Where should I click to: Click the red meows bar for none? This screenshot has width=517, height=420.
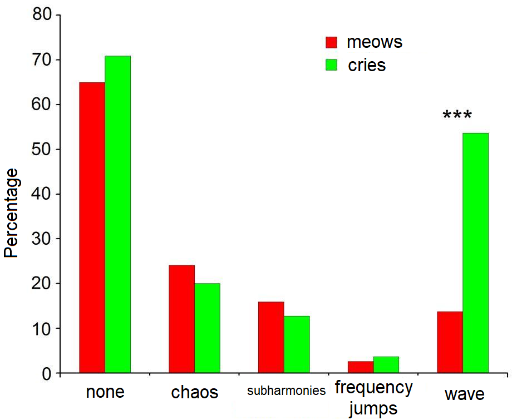[x=92, y=228]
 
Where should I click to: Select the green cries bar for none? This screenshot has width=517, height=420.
[x=118, y=214]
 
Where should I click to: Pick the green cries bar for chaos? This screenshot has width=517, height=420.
[x=208, y=328]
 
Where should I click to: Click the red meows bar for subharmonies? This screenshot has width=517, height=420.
[x=271, y=337]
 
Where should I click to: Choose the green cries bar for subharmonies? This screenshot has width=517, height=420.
[x=297, y=344]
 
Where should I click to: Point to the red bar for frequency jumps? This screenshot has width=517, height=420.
[x=361, y=367]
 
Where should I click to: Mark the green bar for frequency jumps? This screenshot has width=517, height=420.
[x=386, y=365]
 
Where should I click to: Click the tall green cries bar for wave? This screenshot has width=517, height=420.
[x=476, y=253]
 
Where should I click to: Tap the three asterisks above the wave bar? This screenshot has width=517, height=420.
[x=457, y=116]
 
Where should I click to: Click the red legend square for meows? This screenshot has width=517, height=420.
[x=332, y=43]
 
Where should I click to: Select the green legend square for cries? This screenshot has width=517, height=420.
[x=332, y=65]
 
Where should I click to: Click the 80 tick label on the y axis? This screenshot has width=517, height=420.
[x=42, y=15]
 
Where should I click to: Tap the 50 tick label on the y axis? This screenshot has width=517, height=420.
[x=42, y=150]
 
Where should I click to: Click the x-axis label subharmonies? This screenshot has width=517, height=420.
[x=286, y=391]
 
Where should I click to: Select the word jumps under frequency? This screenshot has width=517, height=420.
[x=374, y=409]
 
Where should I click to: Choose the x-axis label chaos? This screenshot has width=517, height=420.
[x=195, y=393]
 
